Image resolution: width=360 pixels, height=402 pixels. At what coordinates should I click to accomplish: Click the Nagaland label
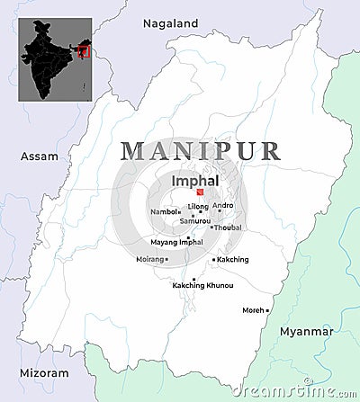(x=170, y=22)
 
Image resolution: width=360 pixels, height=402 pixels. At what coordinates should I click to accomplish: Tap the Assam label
(x=39, y=156)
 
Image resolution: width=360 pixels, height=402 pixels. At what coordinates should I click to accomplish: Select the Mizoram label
(x=43, y=372)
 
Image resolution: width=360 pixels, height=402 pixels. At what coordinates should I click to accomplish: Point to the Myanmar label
(x=306, y=331)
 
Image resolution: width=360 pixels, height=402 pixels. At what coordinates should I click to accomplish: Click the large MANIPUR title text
(x=201, y=151)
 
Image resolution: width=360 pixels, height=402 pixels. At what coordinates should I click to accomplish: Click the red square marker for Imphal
(x=200, y=192)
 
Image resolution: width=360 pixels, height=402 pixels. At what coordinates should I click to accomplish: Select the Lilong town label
(x=198, y=206)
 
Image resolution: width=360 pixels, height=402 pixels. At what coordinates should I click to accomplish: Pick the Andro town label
(x=223, y=206)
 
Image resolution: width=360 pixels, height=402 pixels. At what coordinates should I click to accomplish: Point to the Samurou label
(x=195, y=220)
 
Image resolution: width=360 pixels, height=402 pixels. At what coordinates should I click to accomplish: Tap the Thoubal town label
(x=228, y=228)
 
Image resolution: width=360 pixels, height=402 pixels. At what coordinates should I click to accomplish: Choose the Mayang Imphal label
(x=175, y=242)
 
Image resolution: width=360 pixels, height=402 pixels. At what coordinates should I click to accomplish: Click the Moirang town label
(x=149, y=259)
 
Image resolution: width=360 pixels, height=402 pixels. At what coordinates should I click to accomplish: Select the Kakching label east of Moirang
(x=233, y=259)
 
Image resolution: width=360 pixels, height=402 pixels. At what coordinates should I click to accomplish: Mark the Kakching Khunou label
(x=202, y=285)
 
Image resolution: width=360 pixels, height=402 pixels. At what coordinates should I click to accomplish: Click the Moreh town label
(x=253, y=309)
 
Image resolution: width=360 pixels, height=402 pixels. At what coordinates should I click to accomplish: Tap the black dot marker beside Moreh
(x=266, y=310)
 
